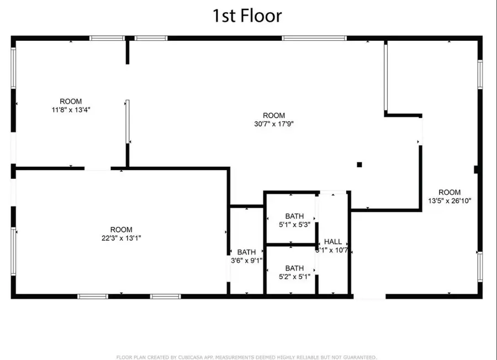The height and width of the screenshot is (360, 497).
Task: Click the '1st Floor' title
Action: point(247,15)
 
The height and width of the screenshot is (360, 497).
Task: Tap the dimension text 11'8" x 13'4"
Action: point(71,109)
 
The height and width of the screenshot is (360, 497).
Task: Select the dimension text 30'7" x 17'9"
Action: point(274,124)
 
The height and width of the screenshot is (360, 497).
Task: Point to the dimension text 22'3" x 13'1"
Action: point(121,238)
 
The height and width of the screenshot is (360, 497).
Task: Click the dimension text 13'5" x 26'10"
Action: point(450,201)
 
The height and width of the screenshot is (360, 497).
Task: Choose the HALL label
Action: point(333,242)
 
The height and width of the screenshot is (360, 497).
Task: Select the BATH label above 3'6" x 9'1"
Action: point(246,252)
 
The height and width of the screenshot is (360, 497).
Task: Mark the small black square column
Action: point(359,164)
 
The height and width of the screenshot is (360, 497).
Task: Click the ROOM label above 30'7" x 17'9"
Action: point(274,115)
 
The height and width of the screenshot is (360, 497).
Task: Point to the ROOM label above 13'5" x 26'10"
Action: point(450,193)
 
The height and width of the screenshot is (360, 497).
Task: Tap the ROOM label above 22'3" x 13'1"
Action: point(121,230)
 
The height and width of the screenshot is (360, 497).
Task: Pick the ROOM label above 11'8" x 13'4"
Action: point(71,101)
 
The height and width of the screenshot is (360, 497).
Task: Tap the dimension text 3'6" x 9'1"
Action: point(246,261)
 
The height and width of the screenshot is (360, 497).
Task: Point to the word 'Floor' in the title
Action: point(262,15)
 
